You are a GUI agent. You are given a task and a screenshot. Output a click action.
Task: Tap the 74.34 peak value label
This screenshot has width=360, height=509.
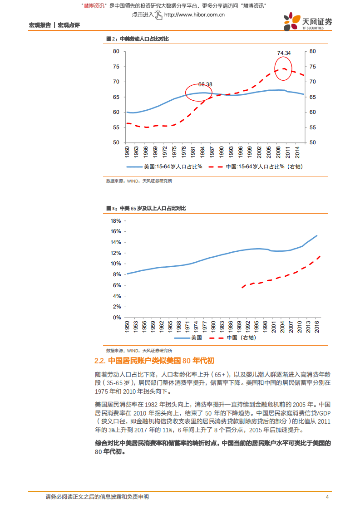pyautogui.click(x=284, y=53)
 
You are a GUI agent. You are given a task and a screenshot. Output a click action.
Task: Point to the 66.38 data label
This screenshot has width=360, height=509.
pyautogui.click(x=205, y=84)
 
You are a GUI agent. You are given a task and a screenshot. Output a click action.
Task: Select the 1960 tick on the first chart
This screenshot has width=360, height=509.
pyautogui.click(x=128, y=151)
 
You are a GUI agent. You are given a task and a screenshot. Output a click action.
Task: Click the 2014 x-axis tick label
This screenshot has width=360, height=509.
pyautogui.click(x=296, y=151)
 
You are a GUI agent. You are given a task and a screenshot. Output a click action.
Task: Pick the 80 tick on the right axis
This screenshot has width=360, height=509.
pyautogui.click(x=312, y=51)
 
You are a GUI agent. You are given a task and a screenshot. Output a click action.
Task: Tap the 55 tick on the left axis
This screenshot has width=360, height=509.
pyautogui.click(x=116, y=127)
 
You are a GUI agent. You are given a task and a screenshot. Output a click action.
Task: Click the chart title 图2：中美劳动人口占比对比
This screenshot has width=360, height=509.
pyautogui.click(x=137, y=39)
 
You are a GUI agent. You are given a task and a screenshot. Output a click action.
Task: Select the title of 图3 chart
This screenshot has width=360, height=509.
pyautogui.click(x=146, y=208)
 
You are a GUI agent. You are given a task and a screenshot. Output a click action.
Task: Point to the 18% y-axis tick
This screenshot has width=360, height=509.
pyautogui.click(x=115, y=221)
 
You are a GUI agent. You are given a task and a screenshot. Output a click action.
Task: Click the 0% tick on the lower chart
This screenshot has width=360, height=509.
pyautogui.click(x=117, y=318)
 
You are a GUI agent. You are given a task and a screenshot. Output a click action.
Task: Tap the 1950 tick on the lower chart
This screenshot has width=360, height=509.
pyautogui.click(x=128, y=327)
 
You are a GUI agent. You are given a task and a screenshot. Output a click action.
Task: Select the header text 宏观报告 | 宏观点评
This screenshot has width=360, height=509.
pyautogui.click(x=54, y=25)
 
